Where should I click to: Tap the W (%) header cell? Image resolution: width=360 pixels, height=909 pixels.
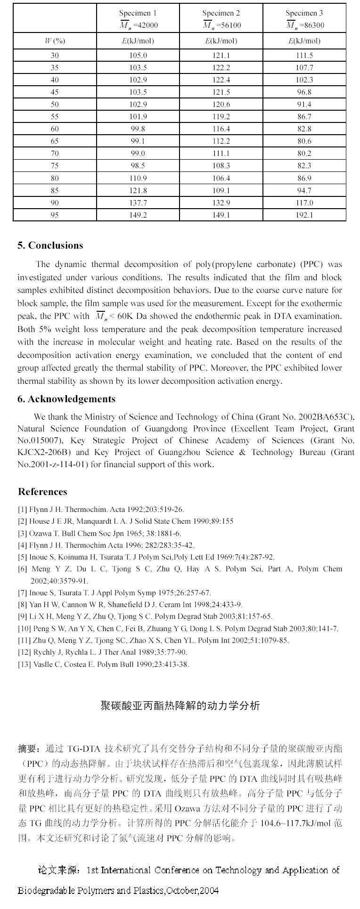55,41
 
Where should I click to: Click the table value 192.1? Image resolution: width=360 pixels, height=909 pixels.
304,215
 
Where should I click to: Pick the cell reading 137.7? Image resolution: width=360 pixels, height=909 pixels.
138,203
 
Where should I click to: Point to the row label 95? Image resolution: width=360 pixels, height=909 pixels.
55,215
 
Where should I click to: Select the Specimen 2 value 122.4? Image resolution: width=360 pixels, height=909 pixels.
221,80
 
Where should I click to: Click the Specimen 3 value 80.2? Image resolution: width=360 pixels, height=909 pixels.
304,154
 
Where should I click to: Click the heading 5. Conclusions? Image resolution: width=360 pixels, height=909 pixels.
50,245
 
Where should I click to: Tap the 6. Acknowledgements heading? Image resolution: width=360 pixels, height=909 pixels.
66,399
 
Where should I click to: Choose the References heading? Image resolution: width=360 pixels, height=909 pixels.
42,492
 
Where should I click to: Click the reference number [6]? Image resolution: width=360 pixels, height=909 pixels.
23,569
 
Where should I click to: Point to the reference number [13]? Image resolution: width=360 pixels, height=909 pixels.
25,665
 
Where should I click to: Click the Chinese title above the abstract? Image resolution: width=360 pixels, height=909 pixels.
180,706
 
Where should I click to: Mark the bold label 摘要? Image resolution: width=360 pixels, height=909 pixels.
30,748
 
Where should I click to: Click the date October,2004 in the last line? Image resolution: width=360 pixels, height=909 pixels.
192,891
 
